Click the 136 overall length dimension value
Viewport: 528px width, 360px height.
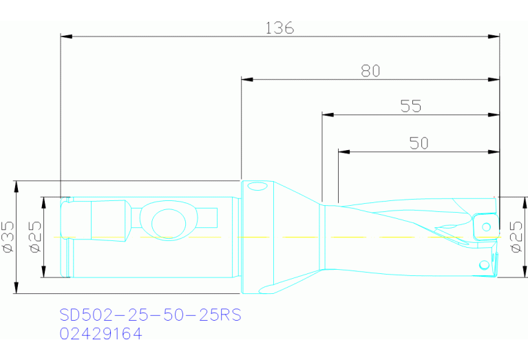(279, 28)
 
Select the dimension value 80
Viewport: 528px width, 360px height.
(370, 71)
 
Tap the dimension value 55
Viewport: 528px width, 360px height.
(411, 106)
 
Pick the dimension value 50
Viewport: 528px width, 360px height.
(419, 143)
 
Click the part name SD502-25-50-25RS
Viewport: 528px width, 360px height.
(150, 316)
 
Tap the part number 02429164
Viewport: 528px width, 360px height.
(101, 335)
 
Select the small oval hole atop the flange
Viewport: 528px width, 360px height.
(257, 186)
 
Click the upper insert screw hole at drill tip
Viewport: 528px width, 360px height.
(486, 226)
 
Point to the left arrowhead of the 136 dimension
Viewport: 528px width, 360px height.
(66, 36)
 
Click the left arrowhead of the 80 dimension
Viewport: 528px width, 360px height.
(246, 79)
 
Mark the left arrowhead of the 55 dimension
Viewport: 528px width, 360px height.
(328, 114)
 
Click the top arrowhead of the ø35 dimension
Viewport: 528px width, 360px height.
(15, 186)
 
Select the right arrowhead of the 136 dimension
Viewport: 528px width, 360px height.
(494, 36)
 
